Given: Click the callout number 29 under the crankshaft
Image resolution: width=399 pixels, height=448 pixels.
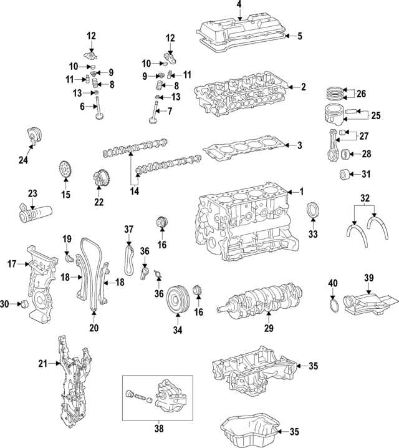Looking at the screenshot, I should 269,328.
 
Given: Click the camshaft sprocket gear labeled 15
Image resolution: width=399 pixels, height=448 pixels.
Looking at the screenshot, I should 65,169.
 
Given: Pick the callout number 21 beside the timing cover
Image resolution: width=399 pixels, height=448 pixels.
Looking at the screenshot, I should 42,363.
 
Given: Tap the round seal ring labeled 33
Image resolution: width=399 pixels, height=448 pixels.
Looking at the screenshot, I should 312,212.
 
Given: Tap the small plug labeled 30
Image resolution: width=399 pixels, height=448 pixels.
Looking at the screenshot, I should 24,304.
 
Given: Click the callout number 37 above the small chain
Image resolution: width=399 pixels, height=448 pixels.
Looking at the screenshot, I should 128,230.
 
